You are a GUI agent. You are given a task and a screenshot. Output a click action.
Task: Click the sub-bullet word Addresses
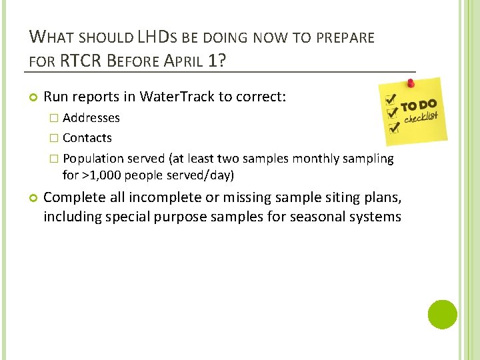(x=91, y=118)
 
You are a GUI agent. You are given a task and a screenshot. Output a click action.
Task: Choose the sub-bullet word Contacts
(x=87, y=138)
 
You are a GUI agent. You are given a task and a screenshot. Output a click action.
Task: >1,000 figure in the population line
(x=98, y=175)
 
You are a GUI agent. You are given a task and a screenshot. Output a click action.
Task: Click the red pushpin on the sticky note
(x=411, y=83)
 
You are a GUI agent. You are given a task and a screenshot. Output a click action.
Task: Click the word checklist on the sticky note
(x=421, y=119)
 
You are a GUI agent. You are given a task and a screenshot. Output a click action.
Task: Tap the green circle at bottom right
(x=443, y=314)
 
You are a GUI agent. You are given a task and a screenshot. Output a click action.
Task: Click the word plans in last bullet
(x=381, y=197)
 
